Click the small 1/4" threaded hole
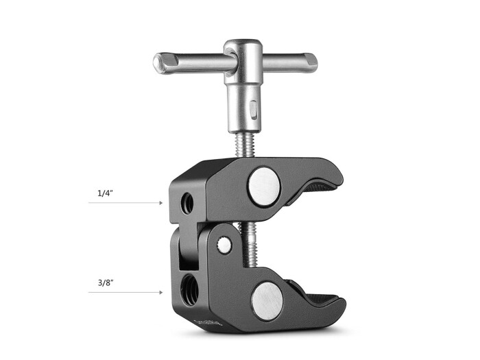click(x=186, y=202)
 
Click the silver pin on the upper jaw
click(x=262, y=186)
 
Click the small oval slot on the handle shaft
click(x=253, y=108)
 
